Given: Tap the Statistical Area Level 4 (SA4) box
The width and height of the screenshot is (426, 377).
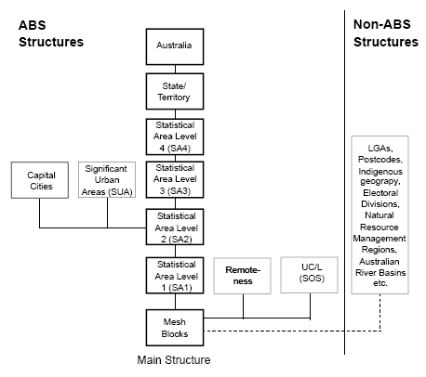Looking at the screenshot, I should pos(173,136).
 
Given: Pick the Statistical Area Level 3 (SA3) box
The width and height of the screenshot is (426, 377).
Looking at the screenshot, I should pos(173,180).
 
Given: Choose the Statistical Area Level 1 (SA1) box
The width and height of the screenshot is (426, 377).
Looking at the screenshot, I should pos(173,277).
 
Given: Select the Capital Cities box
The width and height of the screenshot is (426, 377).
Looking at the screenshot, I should pos(39,180).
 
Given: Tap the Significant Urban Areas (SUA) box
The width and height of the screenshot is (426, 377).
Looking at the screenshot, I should pos(107,180).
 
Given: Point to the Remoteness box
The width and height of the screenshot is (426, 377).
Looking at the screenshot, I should pos(244,276).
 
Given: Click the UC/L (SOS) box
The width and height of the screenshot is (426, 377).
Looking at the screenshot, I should pos(309,276).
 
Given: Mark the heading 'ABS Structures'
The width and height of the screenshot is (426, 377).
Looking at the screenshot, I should pos(51,33).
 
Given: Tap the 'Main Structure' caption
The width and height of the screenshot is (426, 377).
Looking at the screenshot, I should pos(174,358).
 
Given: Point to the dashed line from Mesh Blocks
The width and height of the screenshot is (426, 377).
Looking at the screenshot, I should pos(279,330).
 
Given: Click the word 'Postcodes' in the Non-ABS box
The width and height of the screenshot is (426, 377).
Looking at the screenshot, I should pos(382,159).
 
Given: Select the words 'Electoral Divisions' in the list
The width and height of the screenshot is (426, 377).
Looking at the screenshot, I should pos(382,197).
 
